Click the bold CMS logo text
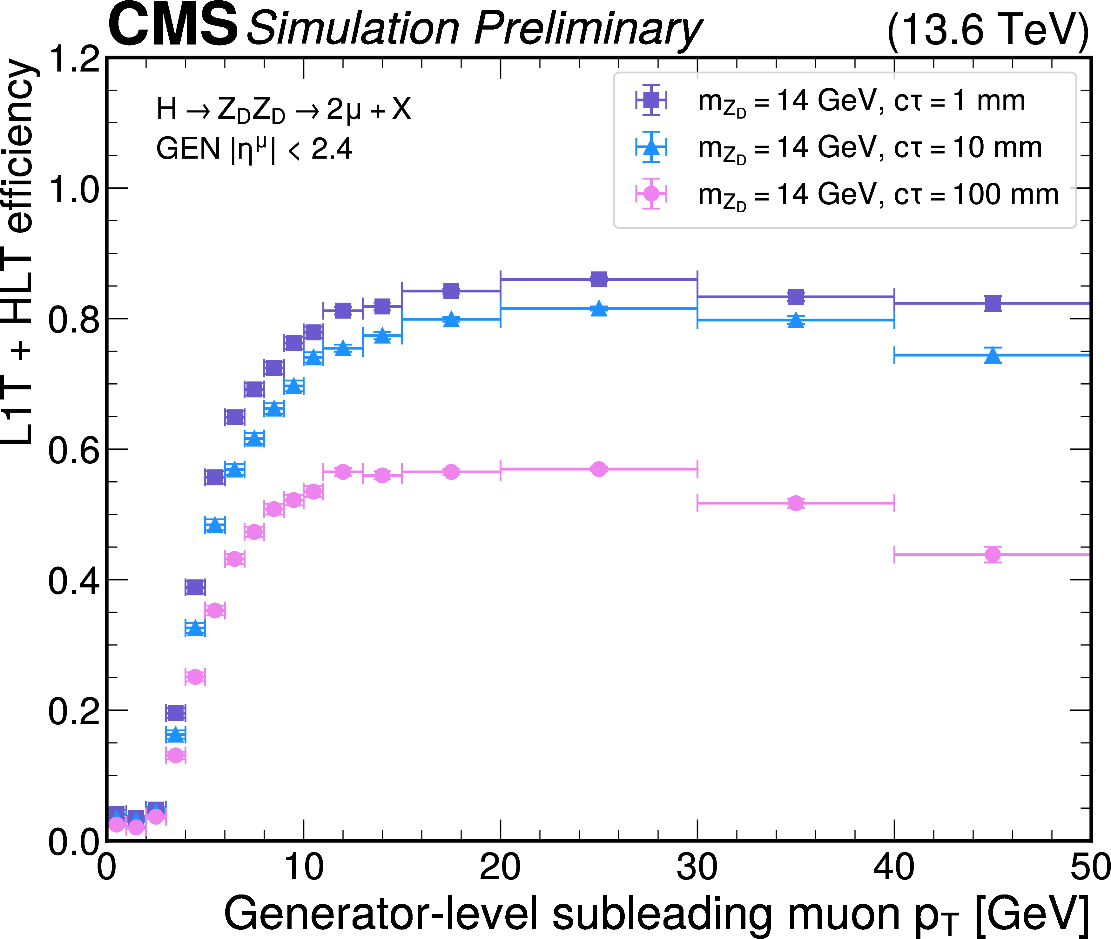172,25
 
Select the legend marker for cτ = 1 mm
651,100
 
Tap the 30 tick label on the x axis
697,868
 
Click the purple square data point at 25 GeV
599,279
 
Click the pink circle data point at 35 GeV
796,503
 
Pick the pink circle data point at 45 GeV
993,555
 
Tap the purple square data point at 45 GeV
993,304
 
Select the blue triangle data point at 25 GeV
599,309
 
